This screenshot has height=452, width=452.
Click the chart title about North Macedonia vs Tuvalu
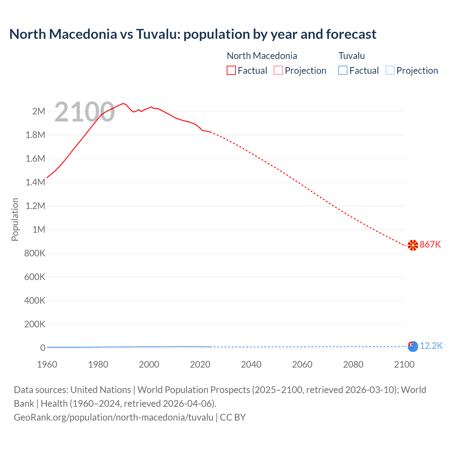pos(193,34)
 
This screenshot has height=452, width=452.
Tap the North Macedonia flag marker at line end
pos(413,245)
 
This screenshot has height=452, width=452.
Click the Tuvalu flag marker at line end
pos(413,346)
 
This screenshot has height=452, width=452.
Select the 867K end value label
pos(430,244)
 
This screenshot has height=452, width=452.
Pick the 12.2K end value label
pos(431,346)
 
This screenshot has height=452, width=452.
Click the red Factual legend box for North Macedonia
pos(231,71)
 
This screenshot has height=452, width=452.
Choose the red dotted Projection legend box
pos(278,71)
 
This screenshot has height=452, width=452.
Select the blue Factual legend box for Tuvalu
pos(343,71)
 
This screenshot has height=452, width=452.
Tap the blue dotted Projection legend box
pos(390,71)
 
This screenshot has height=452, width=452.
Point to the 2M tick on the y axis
pos(38,112)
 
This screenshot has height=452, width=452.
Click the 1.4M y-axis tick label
pos(35,183)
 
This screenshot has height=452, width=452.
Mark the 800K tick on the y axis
pos(35,254)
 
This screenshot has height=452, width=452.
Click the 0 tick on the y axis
pos(43,348)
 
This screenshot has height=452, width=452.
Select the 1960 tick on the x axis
pos(47,364)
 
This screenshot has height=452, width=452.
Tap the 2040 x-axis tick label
pos(251,364)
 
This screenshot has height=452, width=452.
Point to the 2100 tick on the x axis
pos(404,364)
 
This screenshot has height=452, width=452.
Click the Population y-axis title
pos(15,219)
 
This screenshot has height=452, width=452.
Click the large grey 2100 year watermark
pos(84,112)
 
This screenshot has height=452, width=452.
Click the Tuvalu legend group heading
pos(351,56)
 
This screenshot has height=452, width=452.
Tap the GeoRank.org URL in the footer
pos(113,417)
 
